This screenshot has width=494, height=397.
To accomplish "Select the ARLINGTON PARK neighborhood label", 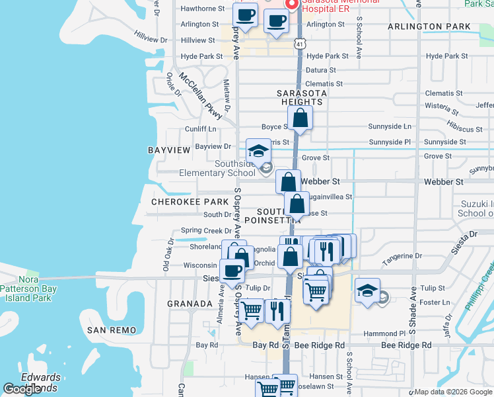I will pyautogui.click(x=429, y=26).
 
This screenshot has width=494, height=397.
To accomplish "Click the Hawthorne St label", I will pyautogui.click(x=199, y=9).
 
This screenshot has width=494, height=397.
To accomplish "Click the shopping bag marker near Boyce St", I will pyautogui.click(x=300, y=118).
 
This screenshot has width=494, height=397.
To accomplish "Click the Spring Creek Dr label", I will pyautogui.click(x=206, y=231).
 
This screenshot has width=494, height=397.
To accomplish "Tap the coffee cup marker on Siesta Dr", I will pyautogui.click(x=232, y=270).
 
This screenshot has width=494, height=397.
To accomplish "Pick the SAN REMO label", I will pyautogui.click(x=112, y=330).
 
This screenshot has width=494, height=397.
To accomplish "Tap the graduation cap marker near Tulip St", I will pyautogui.click(x=368, y=291).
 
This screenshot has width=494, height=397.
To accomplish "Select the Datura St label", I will pyautogui.click(x=322, y=70).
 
